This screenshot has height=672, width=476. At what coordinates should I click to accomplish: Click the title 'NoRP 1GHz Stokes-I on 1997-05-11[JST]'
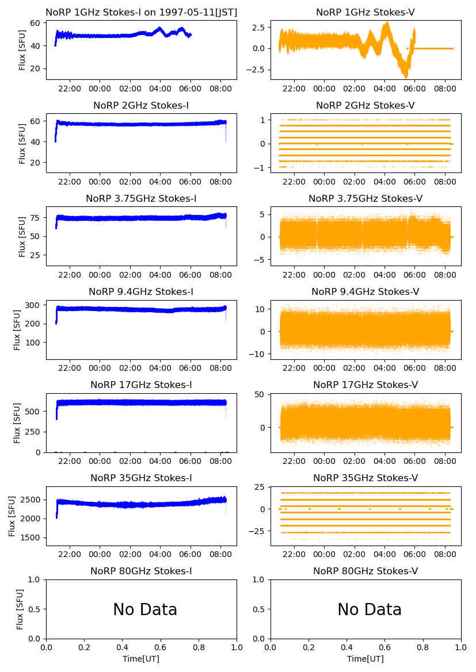(141, 12)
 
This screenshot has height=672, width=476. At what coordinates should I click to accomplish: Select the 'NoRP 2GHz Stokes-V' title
(365, 105)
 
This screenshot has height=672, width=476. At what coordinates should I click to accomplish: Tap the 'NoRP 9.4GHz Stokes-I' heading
(141, 291)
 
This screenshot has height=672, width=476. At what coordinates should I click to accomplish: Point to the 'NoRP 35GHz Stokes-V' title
(365, 478)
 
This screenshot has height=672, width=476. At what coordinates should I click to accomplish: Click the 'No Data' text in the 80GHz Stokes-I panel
(145, 609)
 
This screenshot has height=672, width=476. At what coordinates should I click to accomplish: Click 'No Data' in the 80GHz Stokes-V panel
(370, 609)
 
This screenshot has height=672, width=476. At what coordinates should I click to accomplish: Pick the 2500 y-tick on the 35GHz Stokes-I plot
(32, 500)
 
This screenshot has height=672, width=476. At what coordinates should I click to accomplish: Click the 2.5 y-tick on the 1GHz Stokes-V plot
(258, 27)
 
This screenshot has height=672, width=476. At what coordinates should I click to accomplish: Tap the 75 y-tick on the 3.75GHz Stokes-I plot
(36, 218)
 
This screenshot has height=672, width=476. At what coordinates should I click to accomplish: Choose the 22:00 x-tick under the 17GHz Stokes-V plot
(295, 461)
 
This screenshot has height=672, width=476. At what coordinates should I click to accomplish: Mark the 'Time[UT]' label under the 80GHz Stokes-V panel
(365, 658)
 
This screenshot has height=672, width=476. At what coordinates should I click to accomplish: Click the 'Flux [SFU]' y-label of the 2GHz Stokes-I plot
(22, 143)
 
